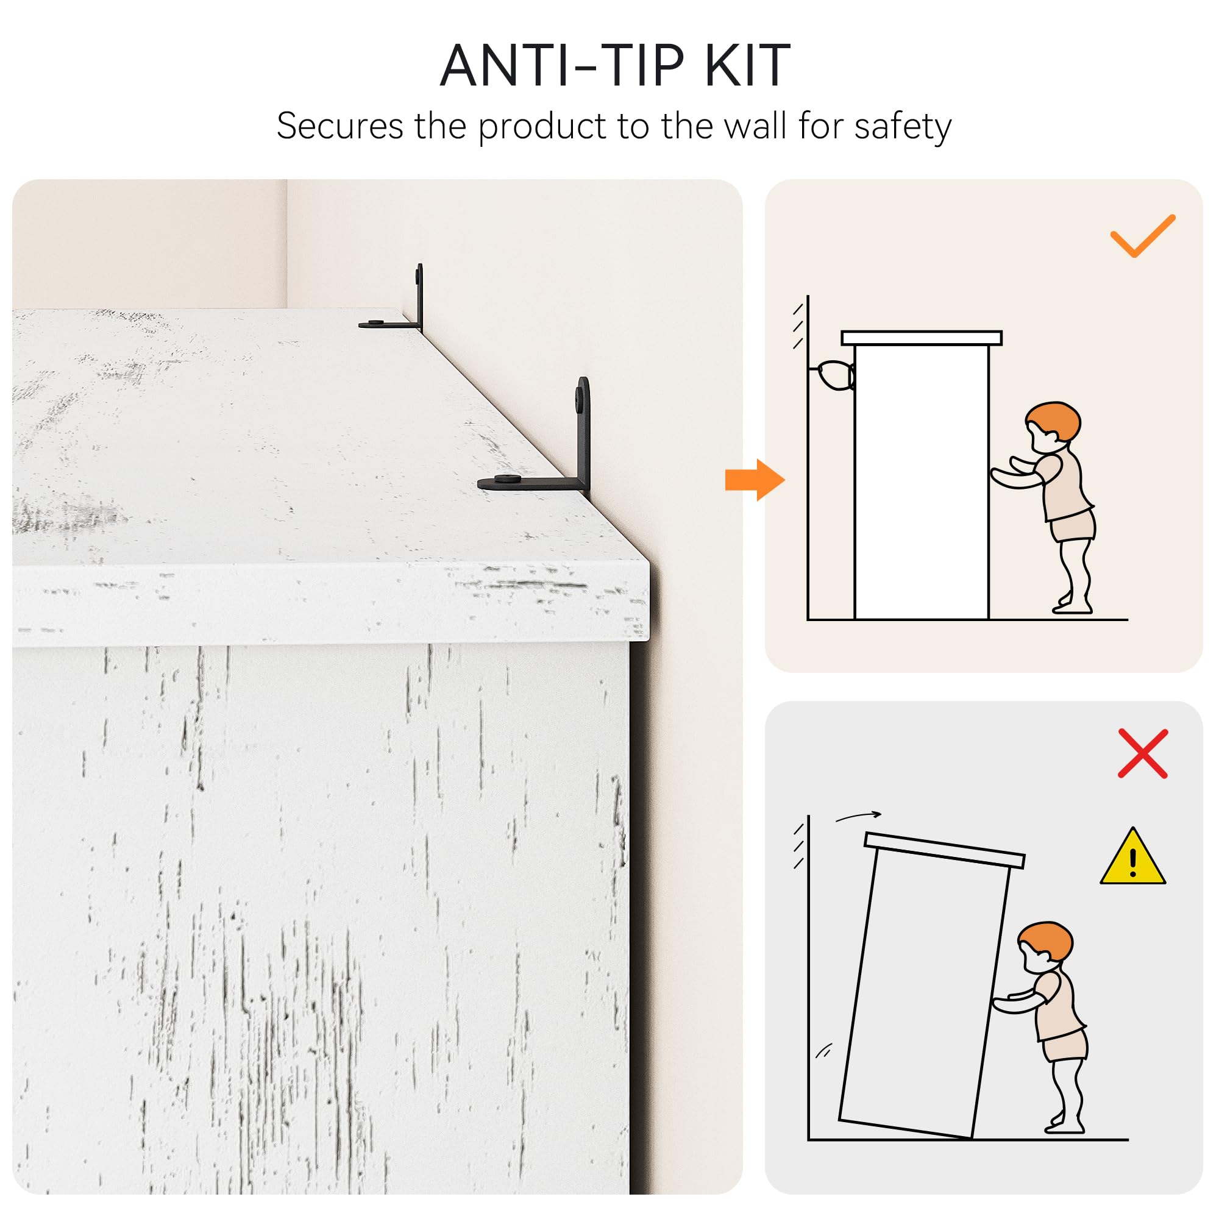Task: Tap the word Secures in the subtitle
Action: [339, 126]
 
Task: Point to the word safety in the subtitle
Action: [902, 127]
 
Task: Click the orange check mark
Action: [1142, 236]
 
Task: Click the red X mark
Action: [1143, 753]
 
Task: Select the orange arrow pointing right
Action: [755, 480]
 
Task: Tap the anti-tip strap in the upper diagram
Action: [834, 375]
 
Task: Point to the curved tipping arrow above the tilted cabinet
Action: [858, 817]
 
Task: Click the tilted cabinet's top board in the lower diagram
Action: [944, 850]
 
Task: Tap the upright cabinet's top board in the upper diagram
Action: [921, 338]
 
